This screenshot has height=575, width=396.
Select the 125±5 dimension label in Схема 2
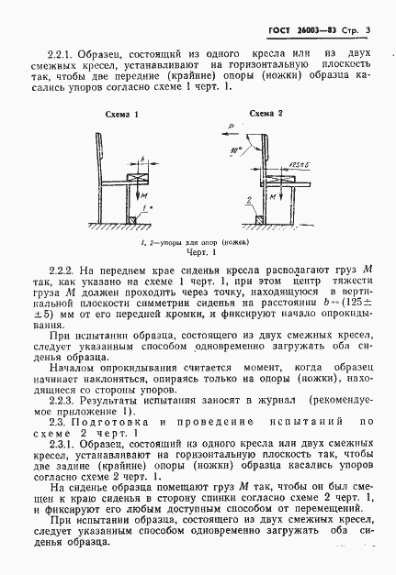tap(295, 165)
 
